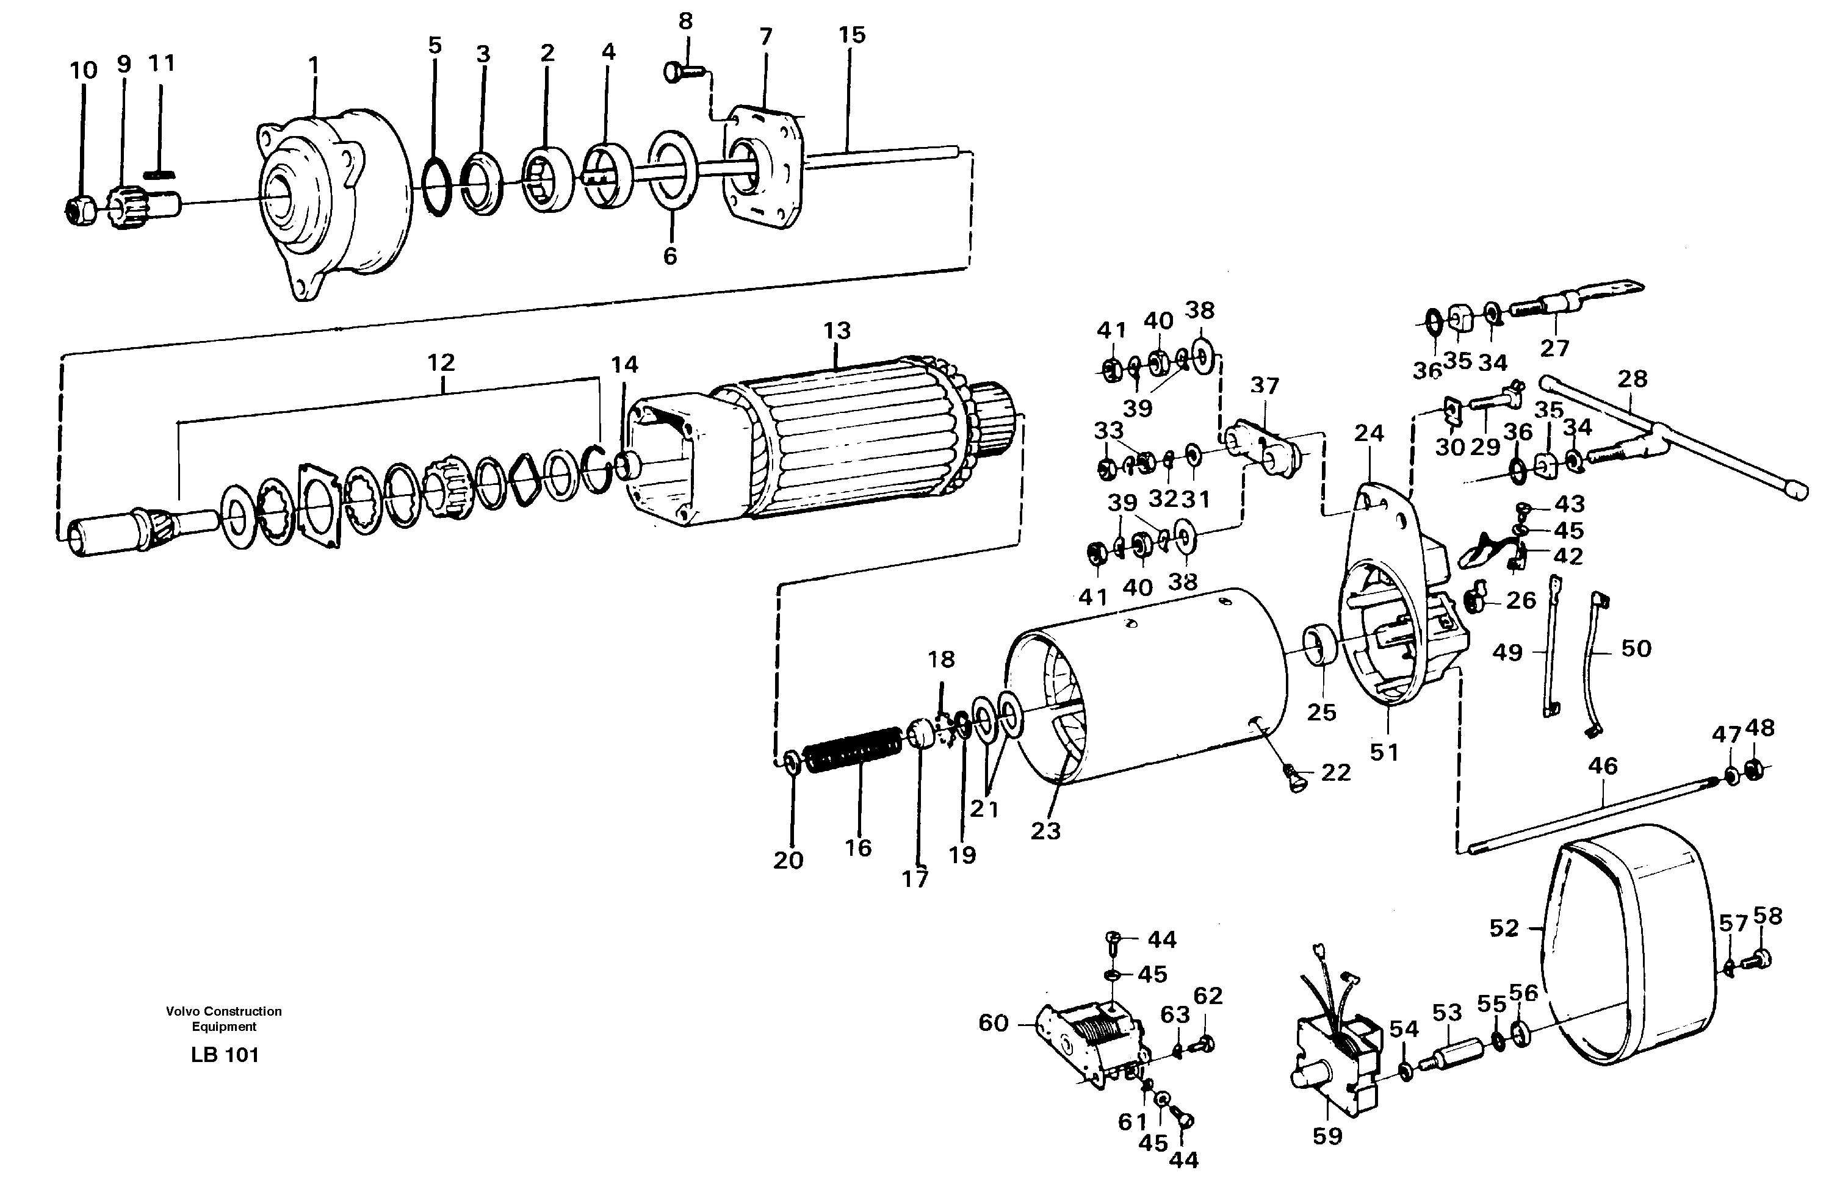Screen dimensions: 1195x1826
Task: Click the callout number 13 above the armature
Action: (837, 331)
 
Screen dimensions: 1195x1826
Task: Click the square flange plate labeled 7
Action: (763, 169)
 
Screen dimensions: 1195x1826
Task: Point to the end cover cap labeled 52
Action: (1626, 947)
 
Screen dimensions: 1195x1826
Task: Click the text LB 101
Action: (225, 1055)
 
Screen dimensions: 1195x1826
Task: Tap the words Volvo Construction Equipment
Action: (224, 1019)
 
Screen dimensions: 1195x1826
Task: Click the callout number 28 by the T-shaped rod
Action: (1632, 379)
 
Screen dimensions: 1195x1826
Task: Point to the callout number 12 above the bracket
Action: (441, 362)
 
